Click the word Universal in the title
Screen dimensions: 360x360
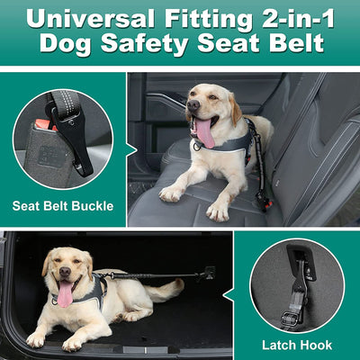tap(85, 17)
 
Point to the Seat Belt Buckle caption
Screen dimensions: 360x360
tap(63, 206)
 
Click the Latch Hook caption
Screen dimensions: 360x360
tap(297, 345)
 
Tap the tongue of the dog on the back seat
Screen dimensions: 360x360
tap(203, 133)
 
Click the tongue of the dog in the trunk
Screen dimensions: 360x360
tap(65, 293)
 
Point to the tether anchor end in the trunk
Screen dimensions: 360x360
tap(210, 271)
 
